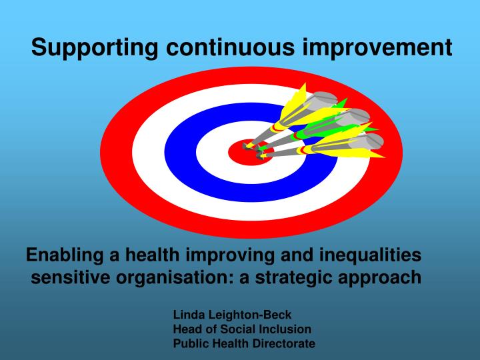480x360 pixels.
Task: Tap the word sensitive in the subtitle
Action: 69,277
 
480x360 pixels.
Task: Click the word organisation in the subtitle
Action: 173,277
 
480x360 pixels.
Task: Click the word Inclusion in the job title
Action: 287,329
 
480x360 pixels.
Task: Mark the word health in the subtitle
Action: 152,255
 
